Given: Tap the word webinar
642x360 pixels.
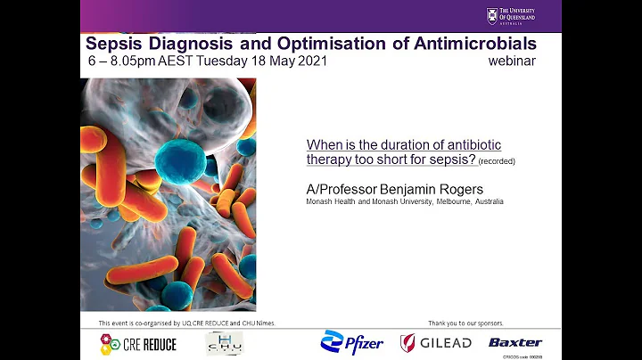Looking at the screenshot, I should (512, 61).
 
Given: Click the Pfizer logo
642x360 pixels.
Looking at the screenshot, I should (352, 342).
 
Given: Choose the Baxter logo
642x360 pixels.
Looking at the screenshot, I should (515, 342).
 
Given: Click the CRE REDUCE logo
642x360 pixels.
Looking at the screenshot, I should (138, 343).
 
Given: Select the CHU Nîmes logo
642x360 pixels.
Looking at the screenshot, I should (225, 342).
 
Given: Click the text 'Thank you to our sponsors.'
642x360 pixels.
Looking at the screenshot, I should (466, 323).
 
